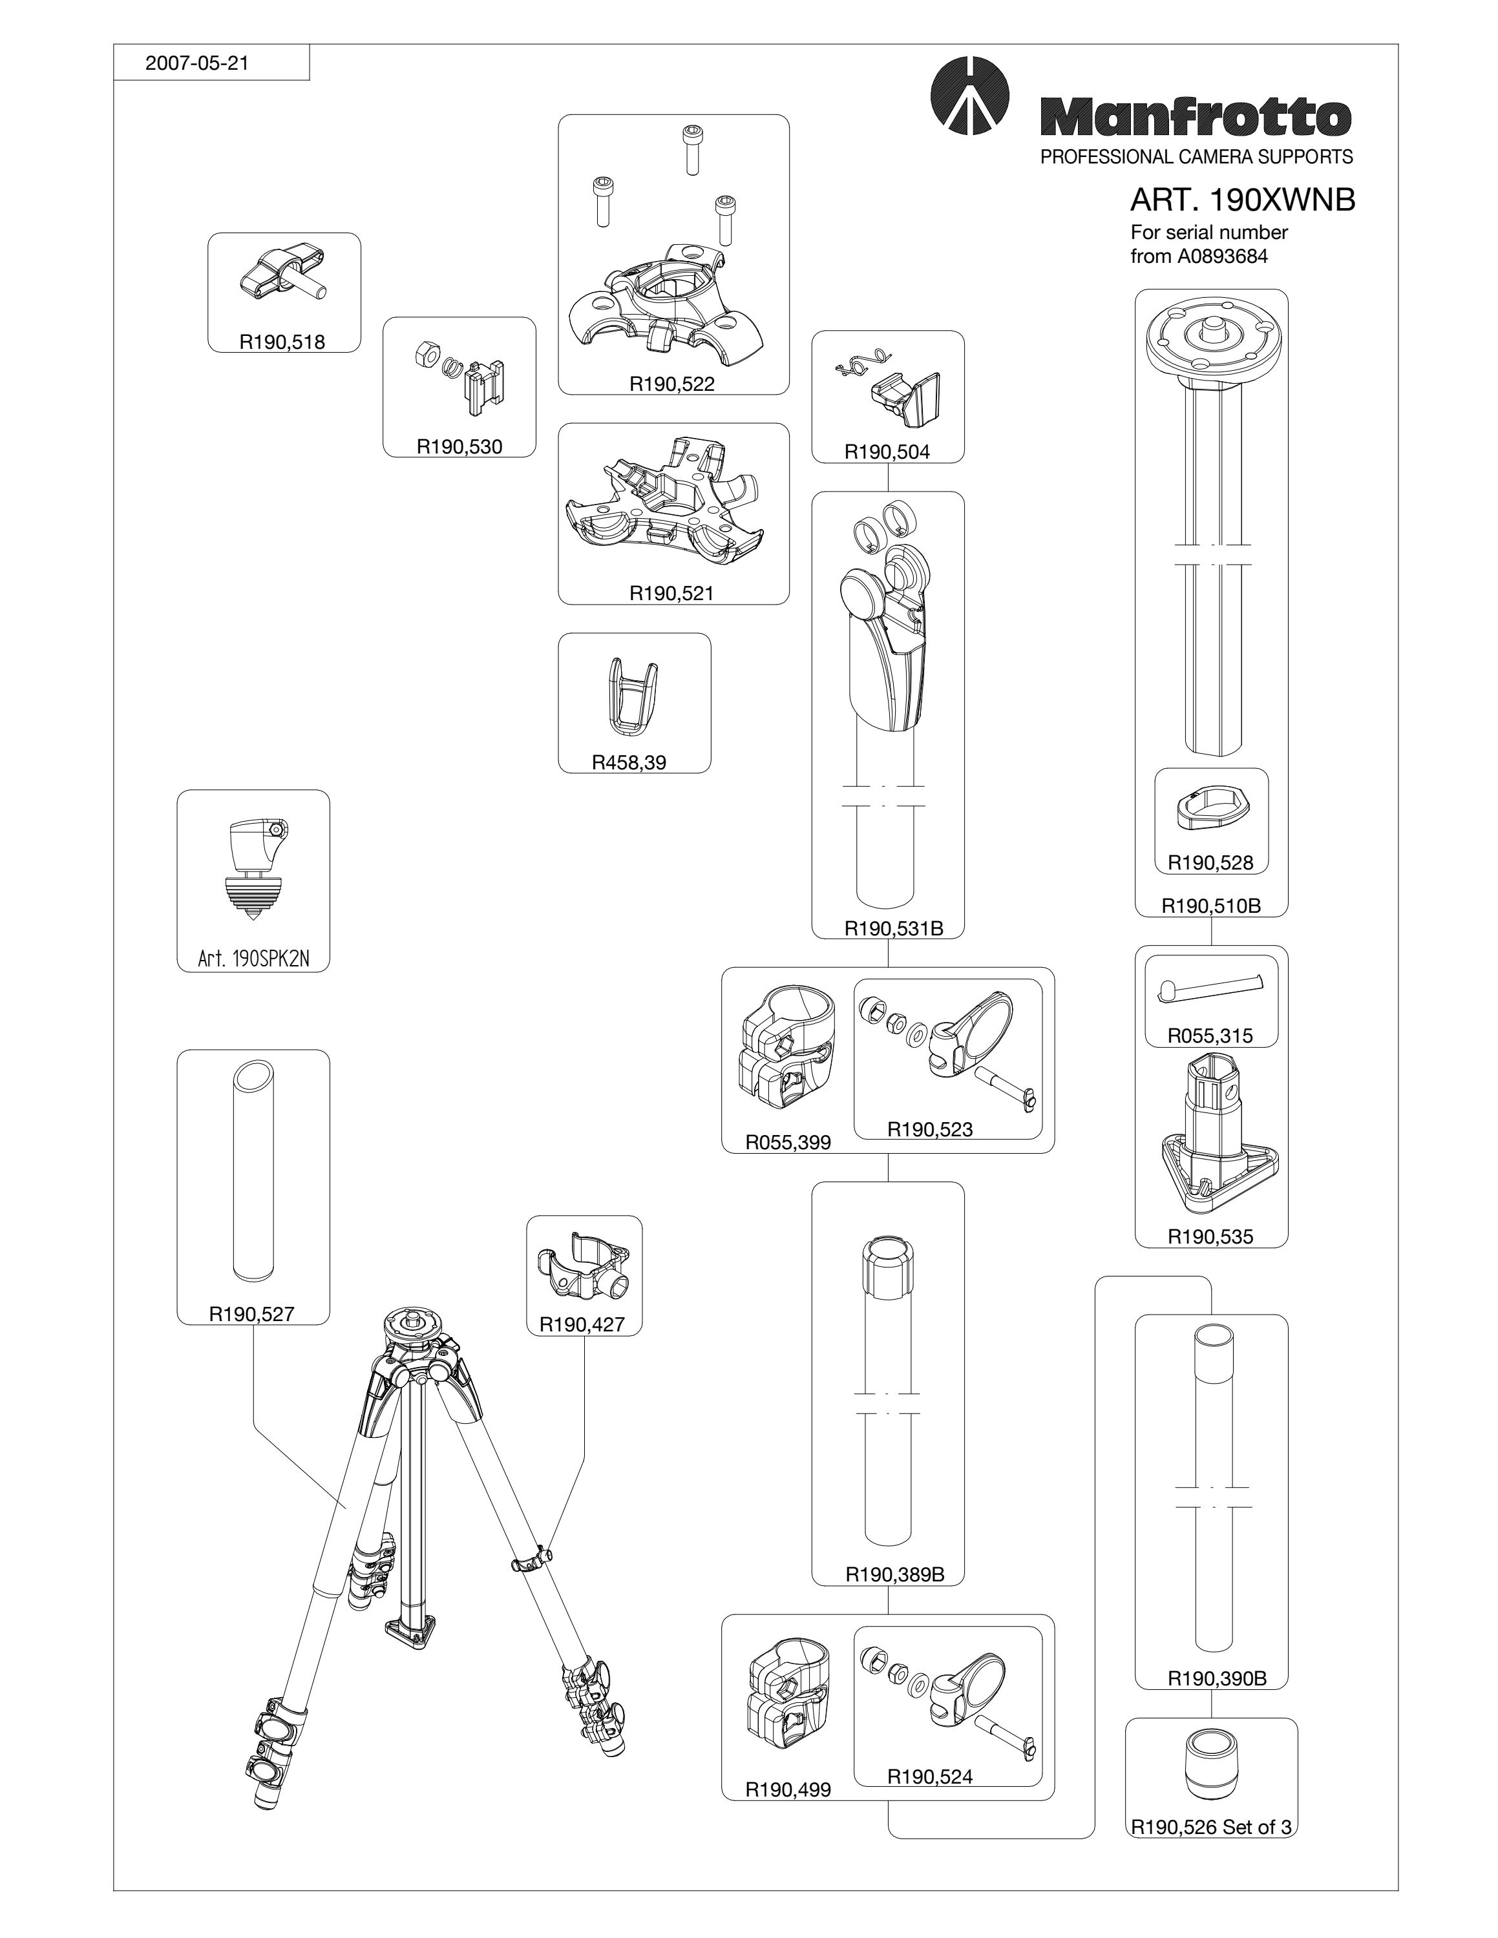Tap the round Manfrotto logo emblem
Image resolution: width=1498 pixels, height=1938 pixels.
pos(971,95)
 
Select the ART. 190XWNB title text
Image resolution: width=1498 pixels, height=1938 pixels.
pos(1243,200)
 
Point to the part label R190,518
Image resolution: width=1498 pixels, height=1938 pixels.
pos(282,342)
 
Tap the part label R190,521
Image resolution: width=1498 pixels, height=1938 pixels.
pos(672,593)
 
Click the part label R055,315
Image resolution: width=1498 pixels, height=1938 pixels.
pos(1210,1036)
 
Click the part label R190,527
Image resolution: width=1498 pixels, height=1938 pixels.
pos(251,1314)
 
